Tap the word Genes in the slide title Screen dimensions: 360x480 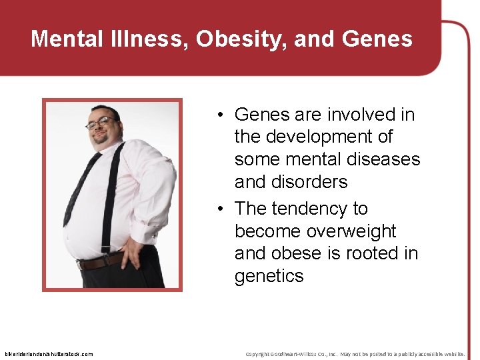[x=377, y=39]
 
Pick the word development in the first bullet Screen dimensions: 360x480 [x=329, y=137]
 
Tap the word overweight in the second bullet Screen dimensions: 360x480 [x=349, y=231]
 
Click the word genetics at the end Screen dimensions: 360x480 [x=269, y=276]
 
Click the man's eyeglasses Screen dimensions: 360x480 [x=99, y=123]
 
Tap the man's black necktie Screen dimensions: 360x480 [x=80, y=190]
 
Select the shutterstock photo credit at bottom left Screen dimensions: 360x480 [x=49, y=354]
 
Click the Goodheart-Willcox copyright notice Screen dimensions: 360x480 [x=355, y=354]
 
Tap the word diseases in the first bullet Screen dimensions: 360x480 [x=387, y=159]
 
